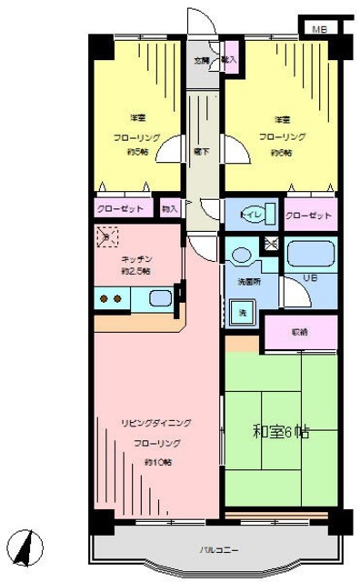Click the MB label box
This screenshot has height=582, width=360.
pyautogui.click(x=319, y=29)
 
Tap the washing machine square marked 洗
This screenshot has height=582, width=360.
pyautogui.click(x=242, y=312)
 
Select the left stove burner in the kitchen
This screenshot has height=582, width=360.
pyautogui.click(x=103, y=297)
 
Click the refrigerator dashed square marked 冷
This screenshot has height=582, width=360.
pyautogui.click(x=105, y=238)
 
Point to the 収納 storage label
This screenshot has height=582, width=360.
pyautogui.click(x=299, y=333)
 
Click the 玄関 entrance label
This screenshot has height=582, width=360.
pyautogui.click(x=201, y=60)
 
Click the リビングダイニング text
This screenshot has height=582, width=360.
pyautogui.click(x=156, y=424)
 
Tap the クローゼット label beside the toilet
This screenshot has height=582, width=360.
pyautogui.click(x=307, y=216)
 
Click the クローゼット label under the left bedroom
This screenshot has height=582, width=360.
pyautogui.click(x=121, y=209)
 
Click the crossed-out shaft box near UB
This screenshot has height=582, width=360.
pyautogui.click(x=269, y=244)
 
